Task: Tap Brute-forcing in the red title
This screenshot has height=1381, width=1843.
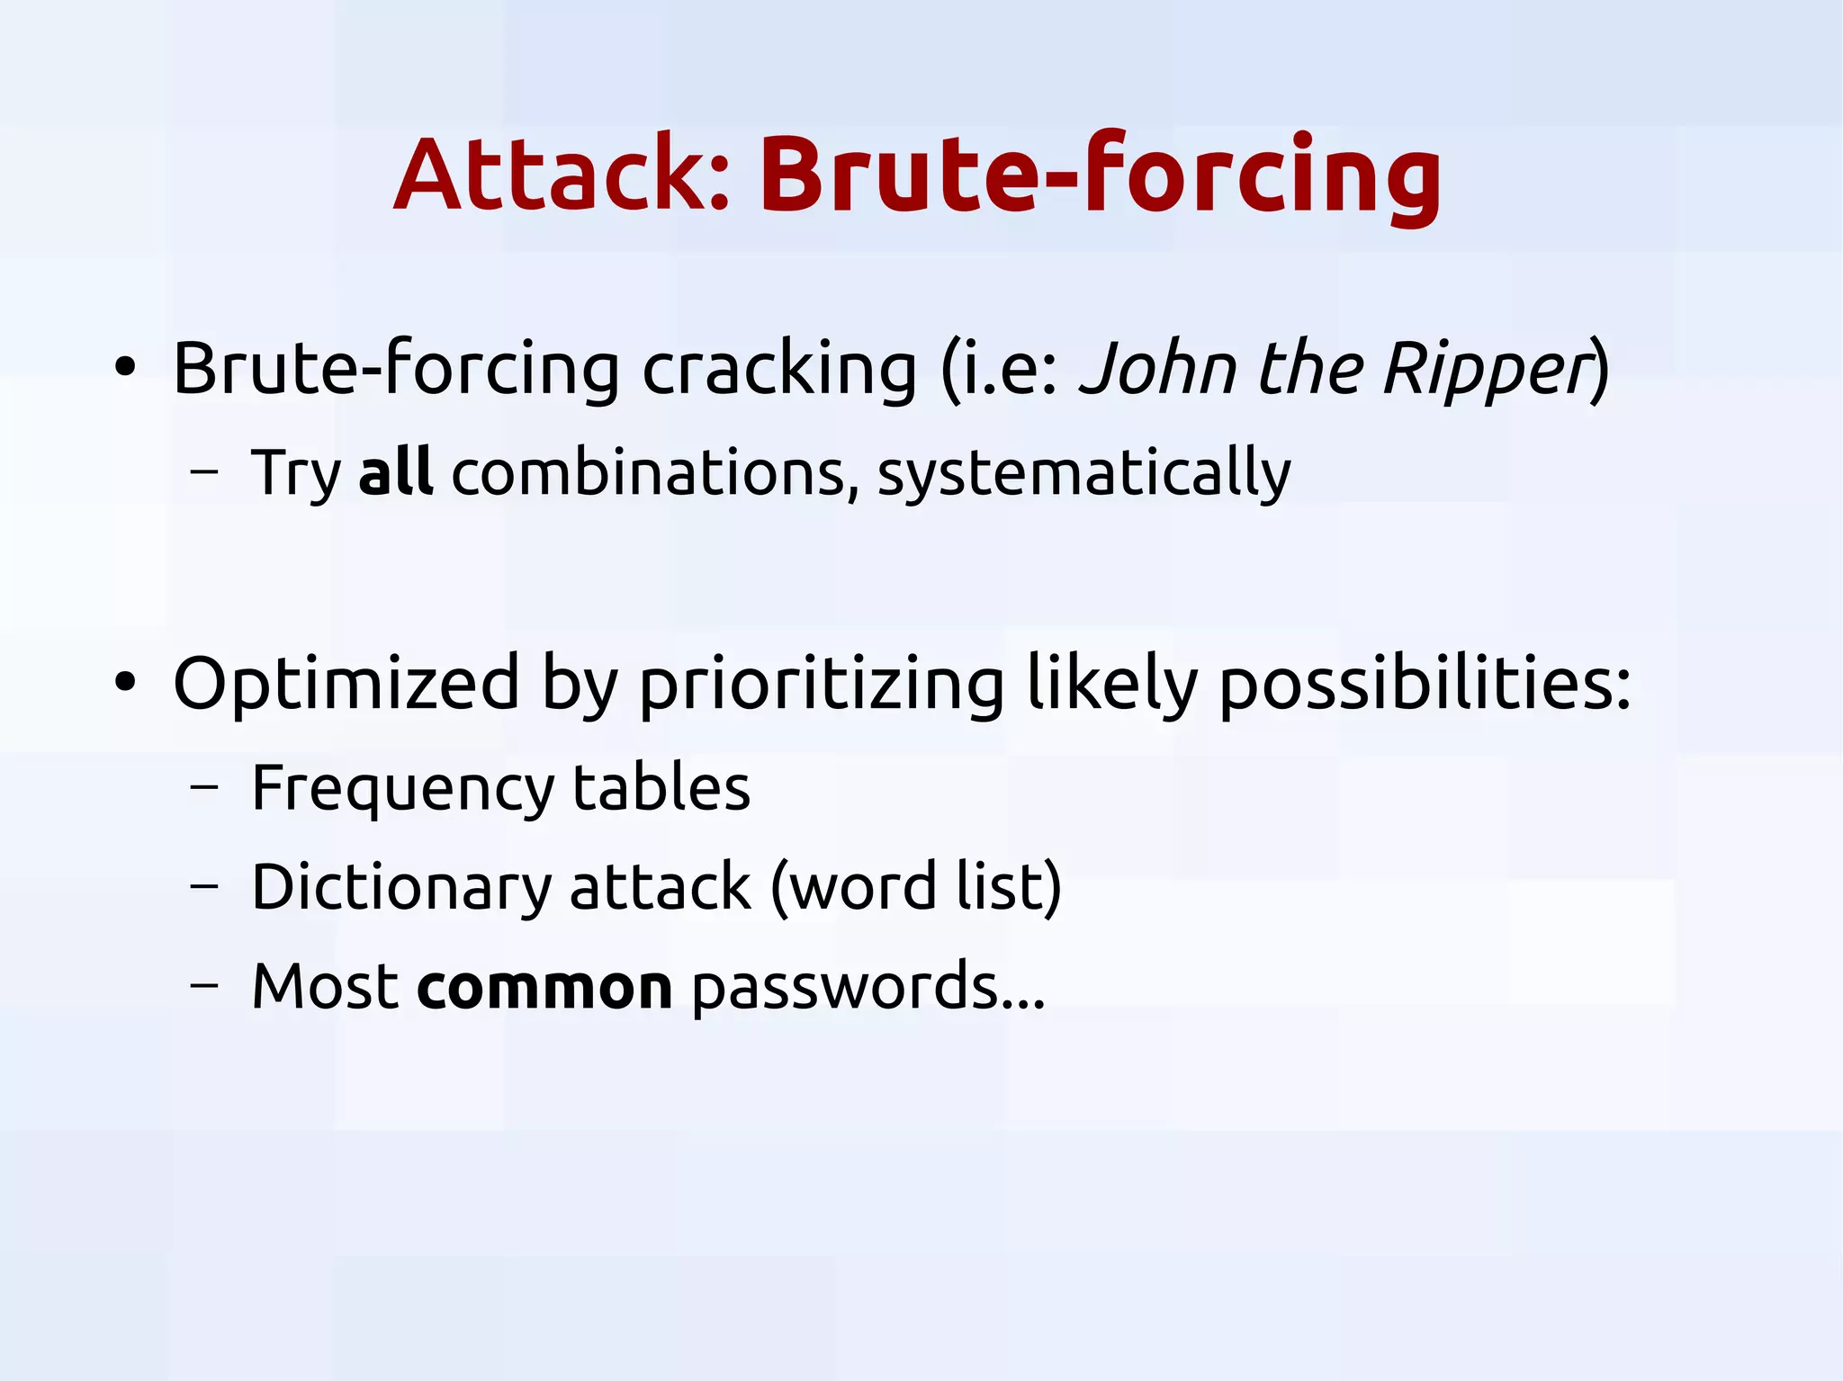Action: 1101,175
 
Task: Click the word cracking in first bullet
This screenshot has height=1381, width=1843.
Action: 778,369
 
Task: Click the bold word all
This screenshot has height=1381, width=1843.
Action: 395,471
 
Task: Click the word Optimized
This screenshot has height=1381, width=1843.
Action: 346,684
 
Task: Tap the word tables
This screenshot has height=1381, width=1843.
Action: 661,787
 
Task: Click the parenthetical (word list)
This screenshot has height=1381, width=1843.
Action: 916,887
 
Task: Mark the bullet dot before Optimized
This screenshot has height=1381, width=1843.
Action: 125,683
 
